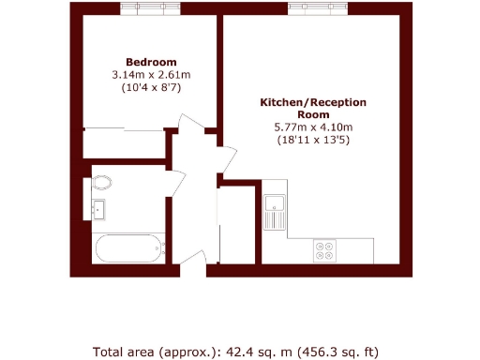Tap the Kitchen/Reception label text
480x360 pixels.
tap(312, 101)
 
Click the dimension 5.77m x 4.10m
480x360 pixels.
tap(312, 127)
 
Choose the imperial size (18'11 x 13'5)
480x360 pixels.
tap(312, 140)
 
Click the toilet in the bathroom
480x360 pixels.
tap(101, 182)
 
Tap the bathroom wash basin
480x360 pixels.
tap(99, 208)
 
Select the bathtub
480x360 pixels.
tap(127, 248)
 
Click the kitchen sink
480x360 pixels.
tap(275, 205)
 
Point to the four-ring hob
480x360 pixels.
tap(327, 250)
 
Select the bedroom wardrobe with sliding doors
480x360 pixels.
tap(124, 143)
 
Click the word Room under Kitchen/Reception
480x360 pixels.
tap(312, 114)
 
